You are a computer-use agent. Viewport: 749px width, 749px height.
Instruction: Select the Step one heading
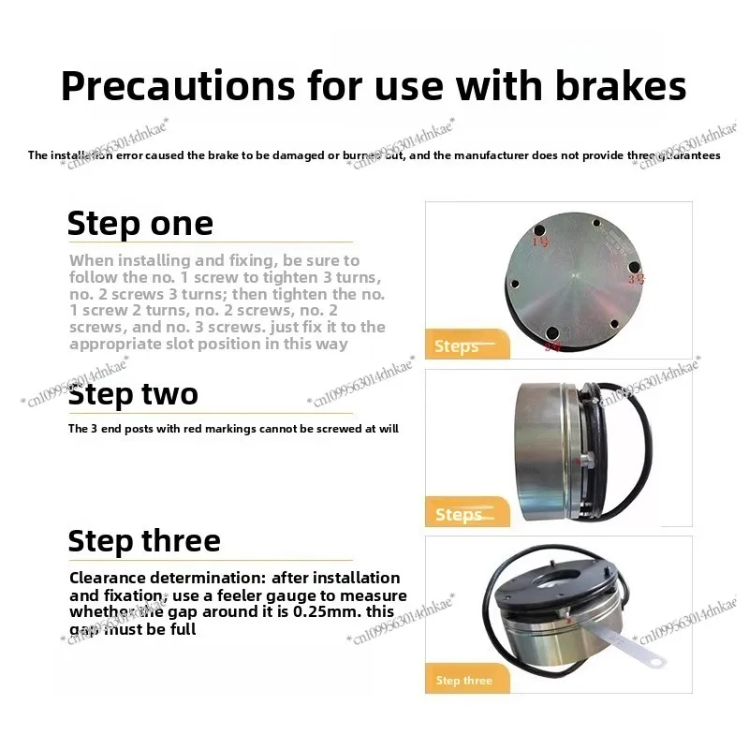click(140, 225)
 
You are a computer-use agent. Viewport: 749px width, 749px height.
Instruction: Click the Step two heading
click(133, 393)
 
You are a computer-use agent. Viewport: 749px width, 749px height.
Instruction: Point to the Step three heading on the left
click(144, 540)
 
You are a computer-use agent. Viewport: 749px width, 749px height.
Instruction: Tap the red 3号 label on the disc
click(637, 279)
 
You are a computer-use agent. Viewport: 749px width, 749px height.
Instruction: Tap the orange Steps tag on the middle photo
click(460, 515)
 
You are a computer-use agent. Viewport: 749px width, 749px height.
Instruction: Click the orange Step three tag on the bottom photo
click(464, 681)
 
